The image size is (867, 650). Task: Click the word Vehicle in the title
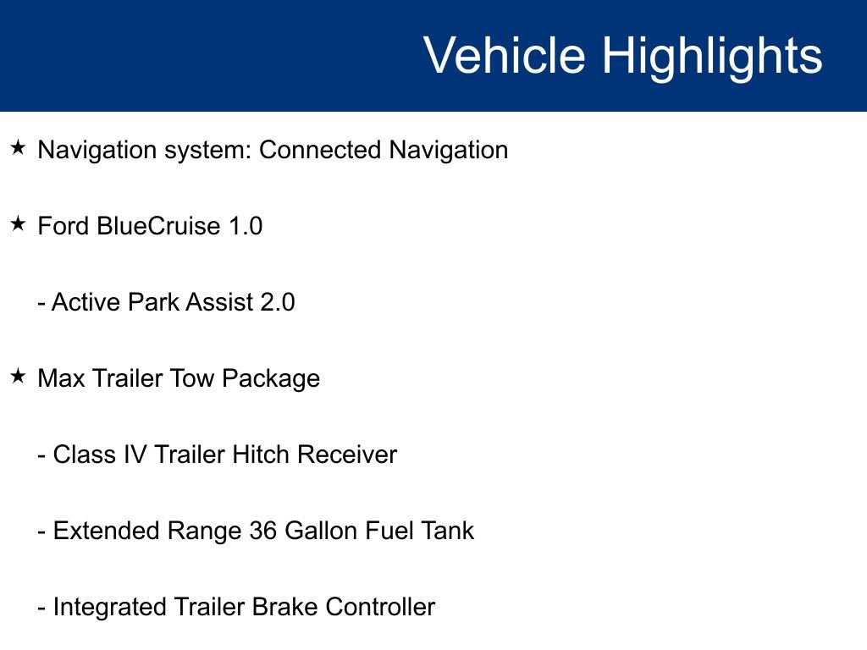(x=504, y=56)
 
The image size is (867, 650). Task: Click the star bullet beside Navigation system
(x=19, y=149)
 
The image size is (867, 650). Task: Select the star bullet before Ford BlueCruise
(x=19, y=225)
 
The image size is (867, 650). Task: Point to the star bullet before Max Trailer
(x=19, y=377)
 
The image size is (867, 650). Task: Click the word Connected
(x=320, y=151)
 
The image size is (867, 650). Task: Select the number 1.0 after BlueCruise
(x=246, y=227)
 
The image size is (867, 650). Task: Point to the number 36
(x=263, y=532)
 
